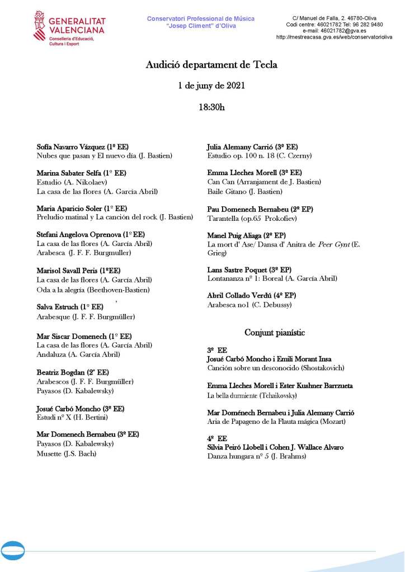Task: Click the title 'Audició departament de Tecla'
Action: [211, 65]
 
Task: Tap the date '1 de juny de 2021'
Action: [211, 86]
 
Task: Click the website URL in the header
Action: [334, 37]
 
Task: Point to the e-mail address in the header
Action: [334, 31]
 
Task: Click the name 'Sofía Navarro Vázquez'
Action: [70, 146]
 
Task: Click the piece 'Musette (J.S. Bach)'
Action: [66, 453]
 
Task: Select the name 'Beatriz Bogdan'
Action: [60, 372]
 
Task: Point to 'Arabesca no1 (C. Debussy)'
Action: [249, 305]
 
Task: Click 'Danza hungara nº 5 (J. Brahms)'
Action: [257, 457]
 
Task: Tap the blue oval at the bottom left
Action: [12, 551]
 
